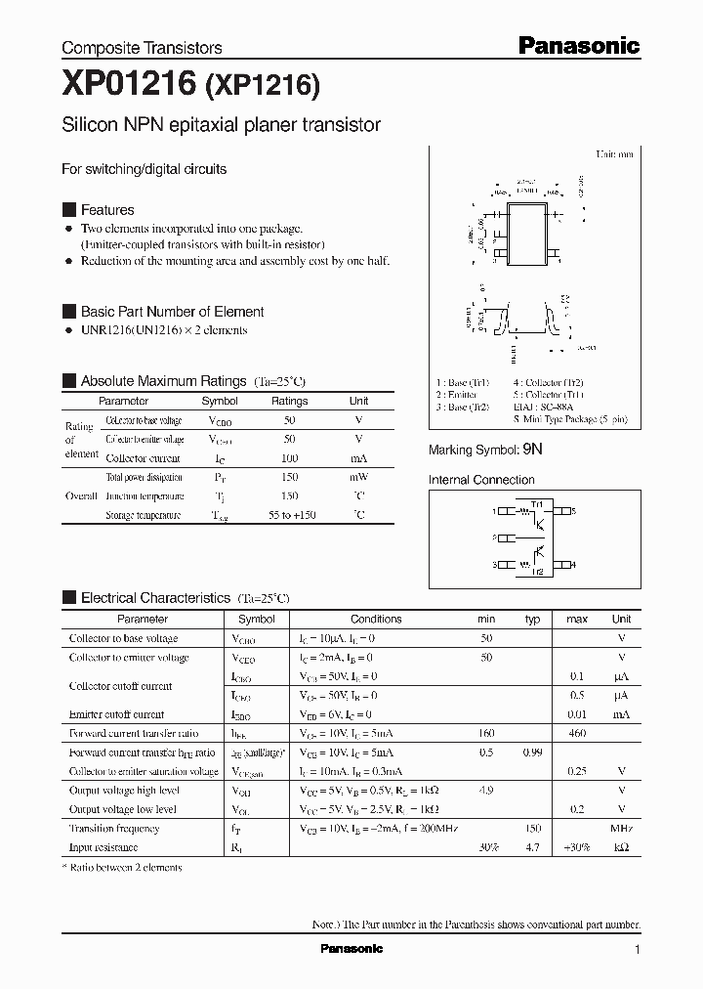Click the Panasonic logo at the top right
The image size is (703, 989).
[x=577, y=45]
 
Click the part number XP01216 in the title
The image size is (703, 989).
[x=129, y=86]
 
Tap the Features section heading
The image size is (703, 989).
[x=107, y=210]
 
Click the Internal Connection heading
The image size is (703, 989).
[x=481, y=480]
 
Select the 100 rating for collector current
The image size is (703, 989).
[x=289, y=457]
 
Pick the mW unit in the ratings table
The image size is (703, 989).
[x=358, y=477]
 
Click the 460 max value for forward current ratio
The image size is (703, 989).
[x=577, y=733]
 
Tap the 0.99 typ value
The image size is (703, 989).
[x=532, y=752]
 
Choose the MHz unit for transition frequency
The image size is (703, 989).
[x=621, y=828]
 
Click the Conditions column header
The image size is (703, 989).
[x=376, y=619]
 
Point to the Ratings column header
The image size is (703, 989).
[x=289, y=401]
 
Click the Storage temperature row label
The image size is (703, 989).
[x=143, y=515]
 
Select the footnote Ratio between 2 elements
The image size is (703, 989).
[x=122, y=867]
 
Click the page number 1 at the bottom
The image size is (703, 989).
[x=637, y=949]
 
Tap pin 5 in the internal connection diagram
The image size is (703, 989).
[x=573, y=511]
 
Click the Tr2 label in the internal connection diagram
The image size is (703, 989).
[x=537, y=572]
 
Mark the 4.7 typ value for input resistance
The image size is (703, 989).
[x=532, y=847]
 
